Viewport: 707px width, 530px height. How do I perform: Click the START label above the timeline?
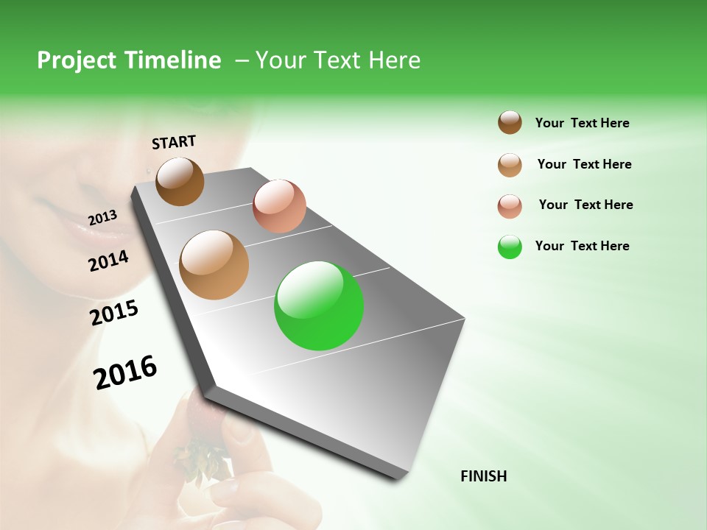click(174, 142)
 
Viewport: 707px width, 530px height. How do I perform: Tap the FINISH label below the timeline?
click(483, 476)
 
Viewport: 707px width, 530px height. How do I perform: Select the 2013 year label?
click(102, 217)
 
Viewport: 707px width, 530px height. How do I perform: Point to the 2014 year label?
click(108, 261)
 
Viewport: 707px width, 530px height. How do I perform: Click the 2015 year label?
click(114, 313)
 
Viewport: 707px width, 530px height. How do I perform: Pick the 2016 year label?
click(125, 372)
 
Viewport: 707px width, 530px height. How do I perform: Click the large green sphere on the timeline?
click(319, 305)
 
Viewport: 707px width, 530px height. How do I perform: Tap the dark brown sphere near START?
click(180, 181)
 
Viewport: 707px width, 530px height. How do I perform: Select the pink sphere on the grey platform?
click(279, 206)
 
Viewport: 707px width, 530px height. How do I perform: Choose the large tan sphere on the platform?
click(214, 265)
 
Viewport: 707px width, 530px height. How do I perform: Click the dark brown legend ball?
click(510, 122)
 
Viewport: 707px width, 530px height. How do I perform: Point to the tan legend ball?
click(510, 165)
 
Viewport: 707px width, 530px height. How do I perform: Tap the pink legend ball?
click(510, 206)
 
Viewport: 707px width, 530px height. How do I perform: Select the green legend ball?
click(510, 247)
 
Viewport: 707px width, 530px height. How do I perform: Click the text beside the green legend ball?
click(582, 246)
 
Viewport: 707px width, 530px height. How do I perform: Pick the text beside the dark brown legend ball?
click(582, 123)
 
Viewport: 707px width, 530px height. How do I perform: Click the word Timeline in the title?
click(173, 60)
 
